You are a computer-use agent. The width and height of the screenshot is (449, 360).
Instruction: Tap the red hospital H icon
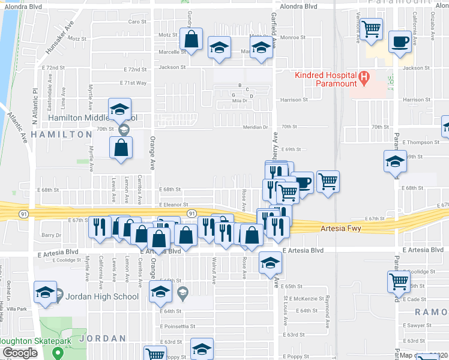tap(363, 76)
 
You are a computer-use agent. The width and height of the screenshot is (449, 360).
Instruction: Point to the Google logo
tap(20, 353)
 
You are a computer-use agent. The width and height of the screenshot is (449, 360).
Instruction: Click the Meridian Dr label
tap(255, 127)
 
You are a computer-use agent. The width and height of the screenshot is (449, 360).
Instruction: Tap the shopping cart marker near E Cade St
tap(399, 281)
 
